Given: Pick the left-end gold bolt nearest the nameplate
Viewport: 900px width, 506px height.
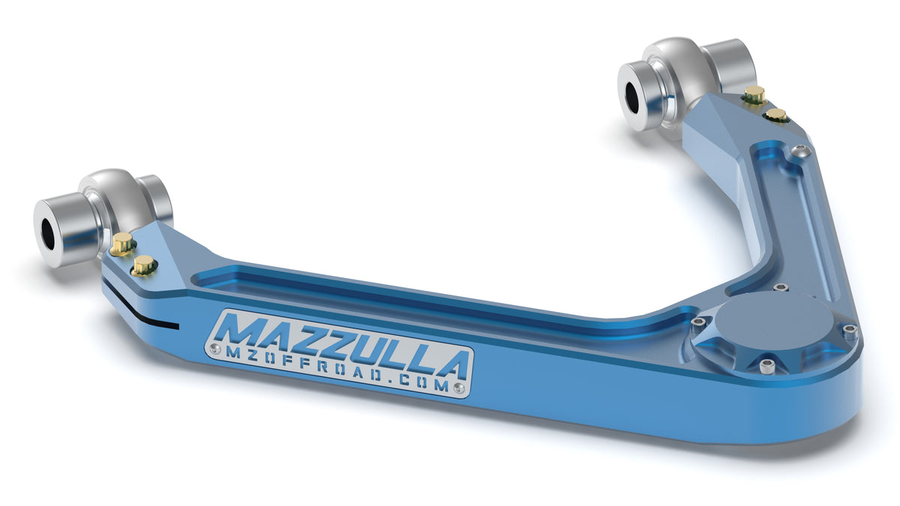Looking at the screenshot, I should coord(143,264).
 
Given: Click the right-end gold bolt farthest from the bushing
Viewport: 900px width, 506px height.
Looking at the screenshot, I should coord(777,115).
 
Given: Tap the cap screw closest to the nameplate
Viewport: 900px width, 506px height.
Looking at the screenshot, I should coord(698,322).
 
